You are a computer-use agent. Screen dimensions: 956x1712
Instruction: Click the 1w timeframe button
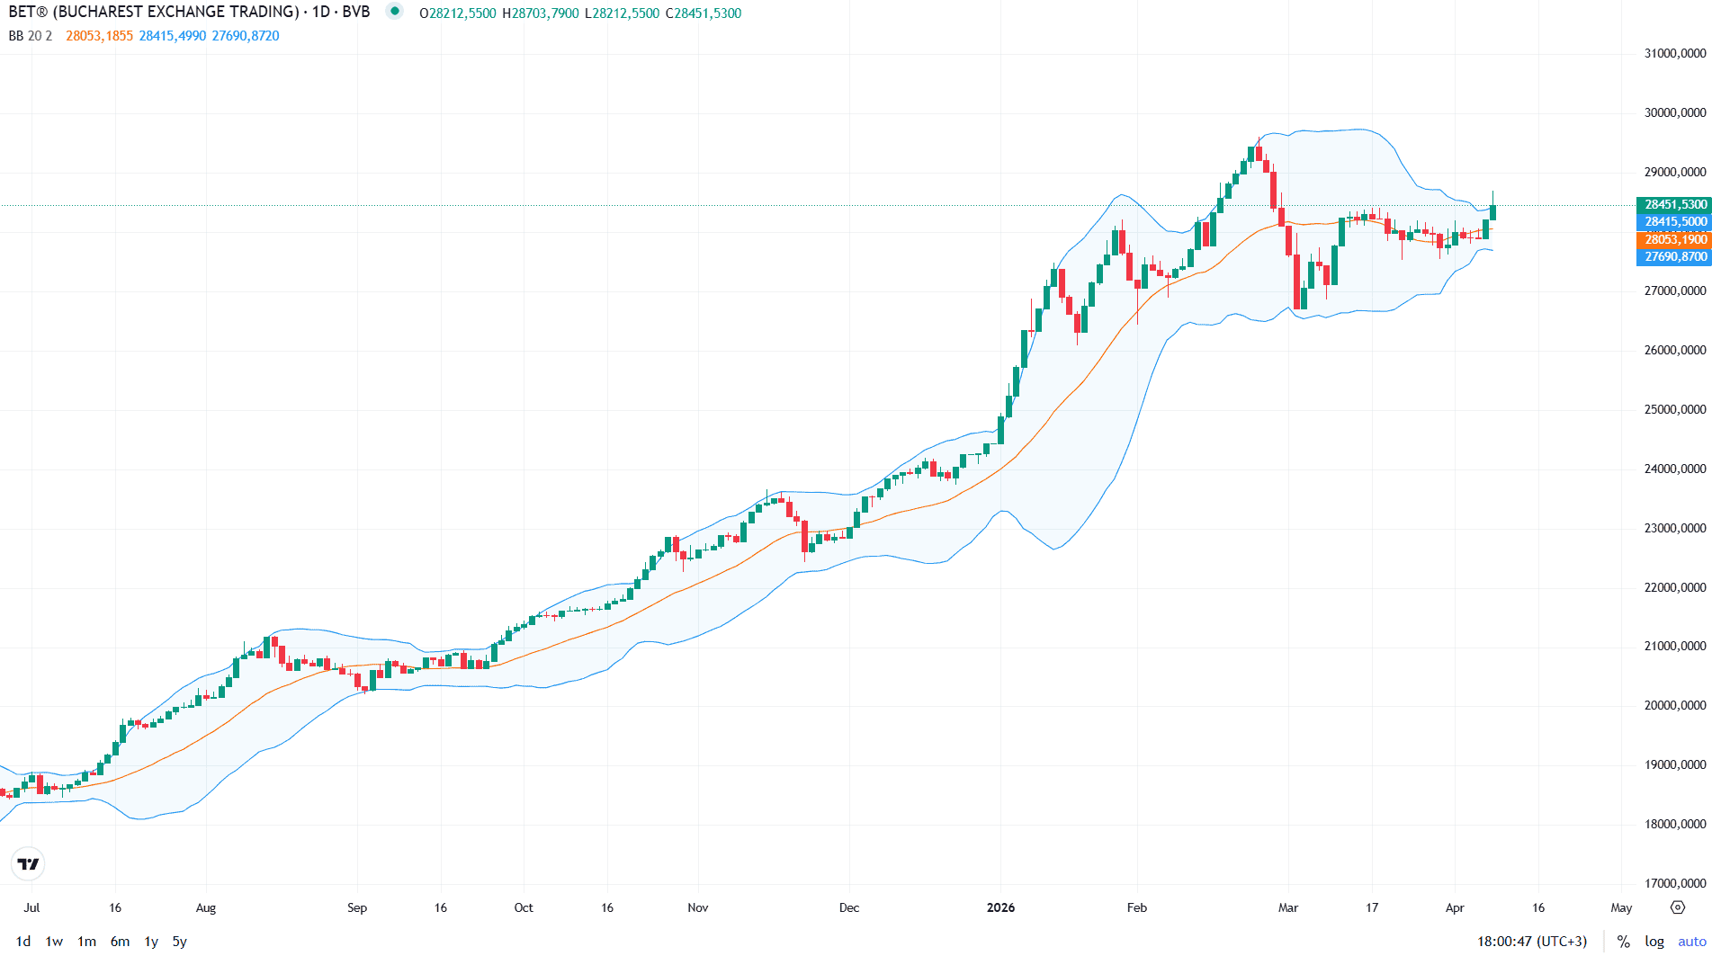pyautogui.click(x=54, y=942)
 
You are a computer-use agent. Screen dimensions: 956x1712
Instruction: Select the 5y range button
pyautogui.click(x=180, y=942)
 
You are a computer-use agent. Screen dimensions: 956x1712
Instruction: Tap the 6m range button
pyautogui.click(x=120, y=942)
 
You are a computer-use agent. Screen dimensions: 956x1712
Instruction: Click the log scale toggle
pyautogui.click(x=1654, y=942)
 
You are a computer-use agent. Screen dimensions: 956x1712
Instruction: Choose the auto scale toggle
pyautogui.click(x=1692, y=942)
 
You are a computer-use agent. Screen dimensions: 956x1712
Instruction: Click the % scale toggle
pyautogui.click(x=1624, y=942)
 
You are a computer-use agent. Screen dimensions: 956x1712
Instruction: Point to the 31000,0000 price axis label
pyautogui.click(x=1675, y=54)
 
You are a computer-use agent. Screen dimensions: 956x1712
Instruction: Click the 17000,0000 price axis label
pyautogui.click(x=1675, y=883)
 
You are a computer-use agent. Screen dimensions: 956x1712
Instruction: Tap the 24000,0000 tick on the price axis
pyautogui.click(x=1675, y=469)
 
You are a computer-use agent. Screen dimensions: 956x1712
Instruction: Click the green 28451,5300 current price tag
pyautogui.click(x=1675, y=204)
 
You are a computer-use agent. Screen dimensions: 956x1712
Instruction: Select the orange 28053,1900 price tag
pyautogui.click(x=1675, y=239)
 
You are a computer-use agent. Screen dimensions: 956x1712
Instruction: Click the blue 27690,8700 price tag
pyautogui.click(x=1675, y=256)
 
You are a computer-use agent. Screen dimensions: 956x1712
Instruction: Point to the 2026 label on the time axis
pyautogui.click(x=1000, y=907)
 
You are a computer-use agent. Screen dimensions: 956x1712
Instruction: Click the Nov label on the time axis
pyautogui.click(x=698, y=907)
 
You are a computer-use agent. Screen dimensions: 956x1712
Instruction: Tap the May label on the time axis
pyautogui.click(x=1621, y=907)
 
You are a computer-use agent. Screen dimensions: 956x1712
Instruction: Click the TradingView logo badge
pyautogui.click(x=29, y=864)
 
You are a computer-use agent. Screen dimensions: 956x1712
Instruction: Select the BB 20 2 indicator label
pyautogui.click(x=31, y=36)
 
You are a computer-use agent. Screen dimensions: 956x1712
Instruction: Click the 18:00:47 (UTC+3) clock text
pyautogui.click(x=1532, y=942)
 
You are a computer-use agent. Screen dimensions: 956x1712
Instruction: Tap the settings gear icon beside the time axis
pyautogui.click(x=1678, y=907)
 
